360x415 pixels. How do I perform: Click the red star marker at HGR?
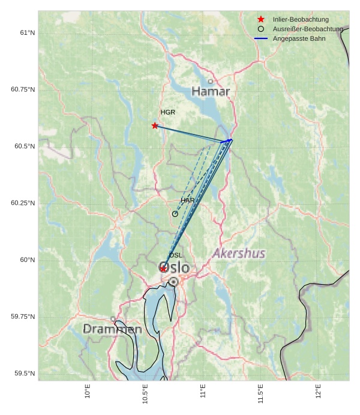(x=155, y=126)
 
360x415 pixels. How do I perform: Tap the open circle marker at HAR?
(x=175, y=214)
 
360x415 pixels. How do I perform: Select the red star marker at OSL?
(x=163, y=268)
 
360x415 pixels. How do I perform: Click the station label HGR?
(x=168, y=112)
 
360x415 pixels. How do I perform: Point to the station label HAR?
(x=188, y=200)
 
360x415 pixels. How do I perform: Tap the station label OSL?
(x=175, y=255)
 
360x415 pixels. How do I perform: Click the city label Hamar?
(x=211, y=91)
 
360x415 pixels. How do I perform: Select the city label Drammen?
(x=112, y=329)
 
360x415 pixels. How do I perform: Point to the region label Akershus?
(x=239, y=253)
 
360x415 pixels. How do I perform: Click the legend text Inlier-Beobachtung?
(x=301, y=20)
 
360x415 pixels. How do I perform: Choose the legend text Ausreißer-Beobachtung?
(x=308, y=29)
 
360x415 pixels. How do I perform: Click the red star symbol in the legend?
(x=261, y=20)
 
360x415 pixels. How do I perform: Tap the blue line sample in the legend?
(x=261, y=38)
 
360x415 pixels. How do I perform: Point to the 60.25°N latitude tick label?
(x=23, y=203)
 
